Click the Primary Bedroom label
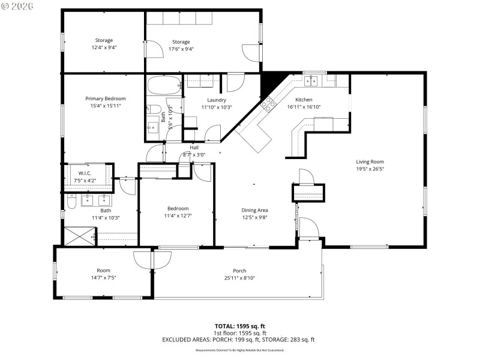coord(106,98)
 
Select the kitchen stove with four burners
coord(268,106)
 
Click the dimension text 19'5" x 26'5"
coord(370,169)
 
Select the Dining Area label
coord(254,210)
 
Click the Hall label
coord(194,148)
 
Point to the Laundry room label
coord(217,100)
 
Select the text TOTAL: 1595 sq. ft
coord(239,326)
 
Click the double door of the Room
coord(144,259)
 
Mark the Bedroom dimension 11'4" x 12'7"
coord(178,216)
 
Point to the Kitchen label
coord(304,100)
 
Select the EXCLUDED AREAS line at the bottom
coord(238,340)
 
